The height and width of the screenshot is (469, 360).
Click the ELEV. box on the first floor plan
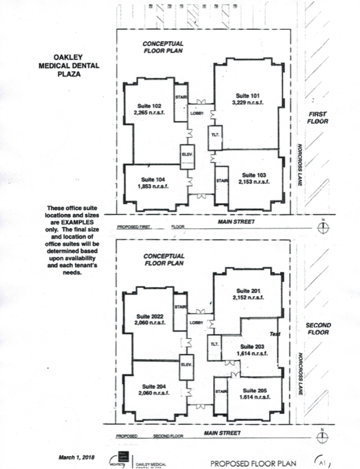pos(187,156)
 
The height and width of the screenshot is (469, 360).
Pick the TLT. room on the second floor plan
pos(214,344)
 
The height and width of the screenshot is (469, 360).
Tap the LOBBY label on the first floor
pos(197,114)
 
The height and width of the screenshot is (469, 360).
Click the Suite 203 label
pos(251,347)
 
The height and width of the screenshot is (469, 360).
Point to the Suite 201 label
pos(248,291)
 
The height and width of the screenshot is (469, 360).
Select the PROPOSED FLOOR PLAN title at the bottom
pos(253,462)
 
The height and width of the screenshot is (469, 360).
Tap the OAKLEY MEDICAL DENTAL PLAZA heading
pos(69,66)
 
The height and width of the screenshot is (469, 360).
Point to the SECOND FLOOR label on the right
pos(318,329)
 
